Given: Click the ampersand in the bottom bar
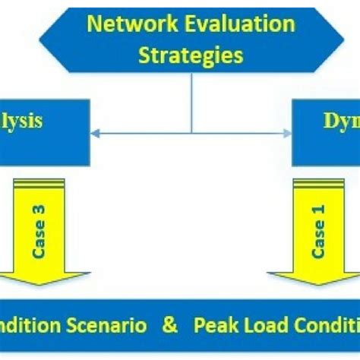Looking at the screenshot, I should [169, 326].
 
